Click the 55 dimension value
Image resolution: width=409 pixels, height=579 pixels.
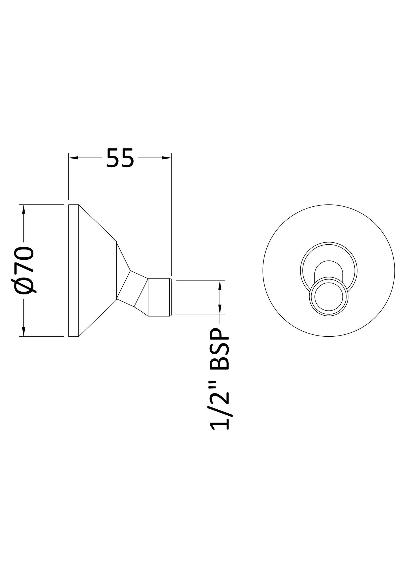tap(120, 158)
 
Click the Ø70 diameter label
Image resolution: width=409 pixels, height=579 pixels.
tap(27, 270)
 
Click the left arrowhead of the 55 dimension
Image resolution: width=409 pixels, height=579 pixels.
tap(73, 158)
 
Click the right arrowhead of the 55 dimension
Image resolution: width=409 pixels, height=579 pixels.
tap(167, 158)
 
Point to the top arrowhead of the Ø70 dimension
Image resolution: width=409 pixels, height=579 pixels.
tap(23, 210)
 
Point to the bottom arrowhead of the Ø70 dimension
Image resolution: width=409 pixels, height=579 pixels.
tap(23, 332)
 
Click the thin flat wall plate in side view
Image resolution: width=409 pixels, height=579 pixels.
tap(73, 270)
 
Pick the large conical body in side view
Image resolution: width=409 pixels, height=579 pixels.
tap(98, 270)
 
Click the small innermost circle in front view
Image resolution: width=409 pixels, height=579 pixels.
tap(329, 296)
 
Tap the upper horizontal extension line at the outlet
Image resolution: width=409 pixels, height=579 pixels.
tap(200, 281)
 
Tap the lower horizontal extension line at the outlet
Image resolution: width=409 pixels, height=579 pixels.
tap(200, 314)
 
